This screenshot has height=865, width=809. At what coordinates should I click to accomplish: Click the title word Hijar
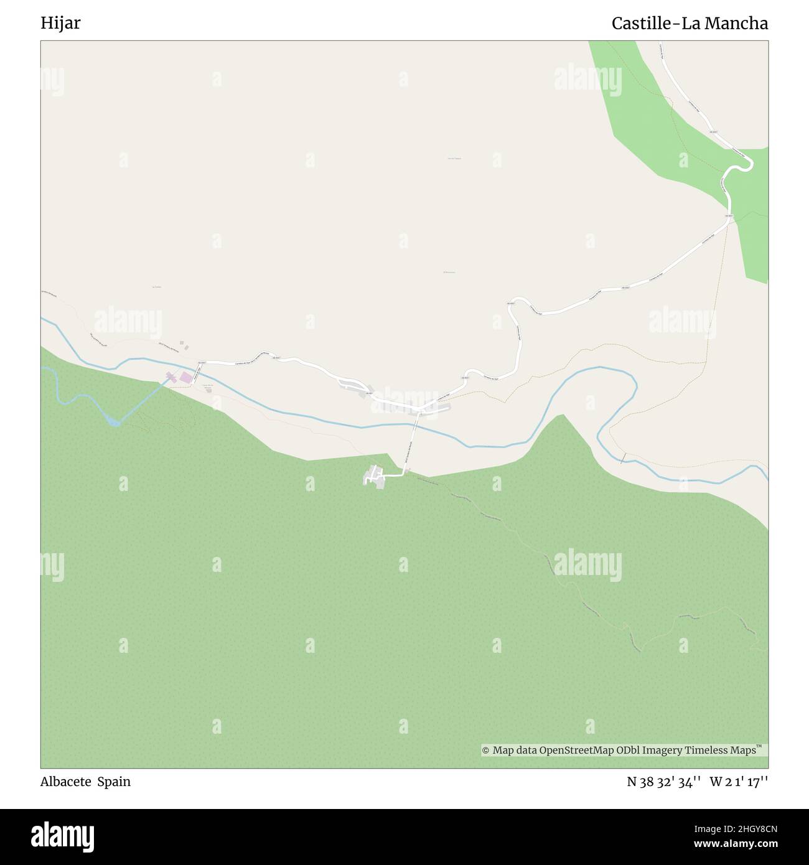[x=60, y=24]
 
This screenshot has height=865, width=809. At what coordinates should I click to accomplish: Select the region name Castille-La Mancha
[x=690, y=24]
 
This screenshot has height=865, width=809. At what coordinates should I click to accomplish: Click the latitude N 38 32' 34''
[x=664, y=782]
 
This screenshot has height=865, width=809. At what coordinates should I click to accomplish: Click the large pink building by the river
[x=186, y=377]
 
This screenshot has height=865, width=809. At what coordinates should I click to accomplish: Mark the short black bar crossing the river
[x=623, y=458]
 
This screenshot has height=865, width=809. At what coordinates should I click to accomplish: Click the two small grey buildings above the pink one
[x=182, y=344]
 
